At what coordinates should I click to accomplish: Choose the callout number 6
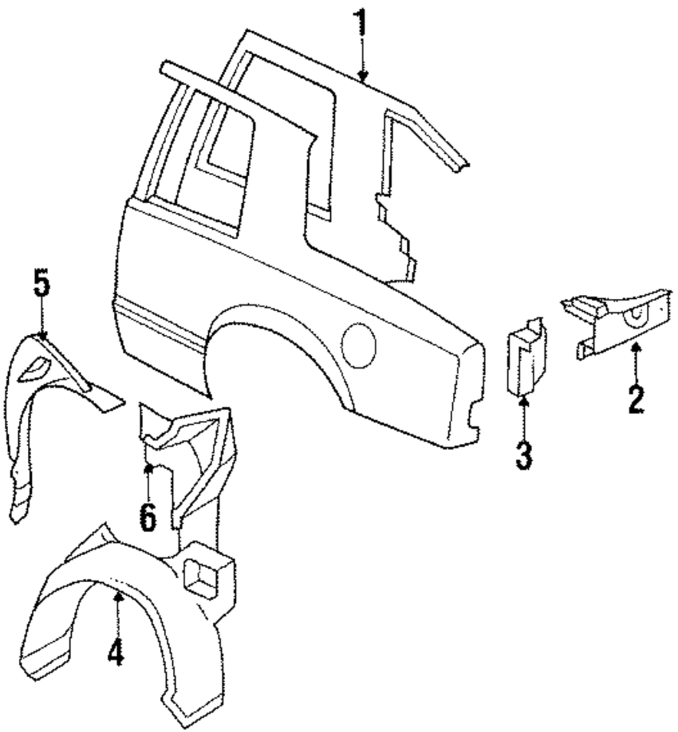(148, 517)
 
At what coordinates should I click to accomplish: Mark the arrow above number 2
(635, 359)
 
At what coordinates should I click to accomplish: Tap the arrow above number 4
(117, 610)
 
